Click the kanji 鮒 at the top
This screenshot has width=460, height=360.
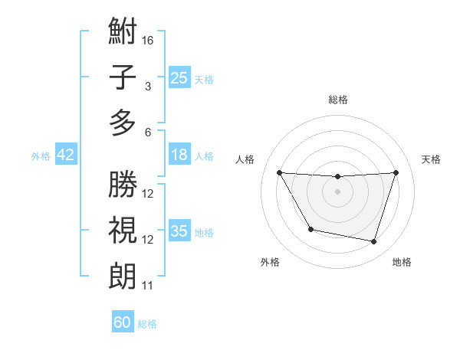coord(123,33)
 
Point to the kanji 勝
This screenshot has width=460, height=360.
coord(123,184)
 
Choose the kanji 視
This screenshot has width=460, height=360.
coord(123,230)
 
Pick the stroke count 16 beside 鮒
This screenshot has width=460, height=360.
coord(148,40)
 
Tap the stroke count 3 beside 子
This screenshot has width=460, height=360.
coord(148,86)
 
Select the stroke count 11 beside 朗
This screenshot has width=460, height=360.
coord(148,286)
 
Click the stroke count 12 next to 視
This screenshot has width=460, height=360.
coord(148,240)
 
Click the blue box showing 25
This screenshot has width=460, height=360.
coord(179,77)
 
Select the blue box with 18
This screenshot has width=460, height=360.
coord(179,155)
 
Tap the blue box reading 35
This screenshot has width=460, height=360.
coord(179,231)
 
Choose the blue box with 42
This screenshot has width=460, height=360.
coord(65,155)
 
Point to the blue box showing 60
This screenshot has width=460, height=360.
coord(123,322)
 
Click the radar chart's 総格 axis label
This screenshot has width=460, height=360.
coord(337,100)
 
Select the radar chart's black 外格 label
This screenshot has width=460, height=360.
coord(270,262)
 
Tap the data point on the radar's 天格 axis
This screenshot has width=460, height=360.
coord(396,172)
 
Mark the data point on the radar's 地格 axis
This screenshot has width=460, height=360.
coord(374,242)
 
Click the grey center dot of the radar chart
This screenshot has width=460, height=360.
coord(337,191)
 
